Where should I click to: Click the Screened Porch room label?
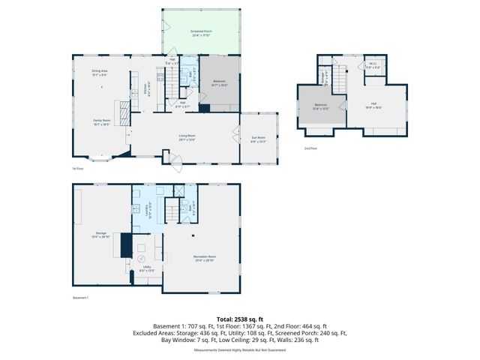[x=201, y=32]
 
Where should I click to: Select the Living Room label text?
[x=187, y=136]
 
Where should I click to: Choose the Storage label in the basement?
[x=100, y=235]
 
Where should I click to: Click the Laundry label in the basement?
[x=150, y=210]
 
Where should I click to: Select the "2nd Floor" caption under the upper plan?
[x=310, y=148]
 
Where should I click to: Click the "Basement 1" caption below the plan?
[x=81, y=298]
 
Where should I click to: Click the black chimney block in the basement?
[x=125, y=245]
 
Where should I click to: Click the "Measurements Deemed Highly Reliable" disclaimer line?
[x=239, y=349]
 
